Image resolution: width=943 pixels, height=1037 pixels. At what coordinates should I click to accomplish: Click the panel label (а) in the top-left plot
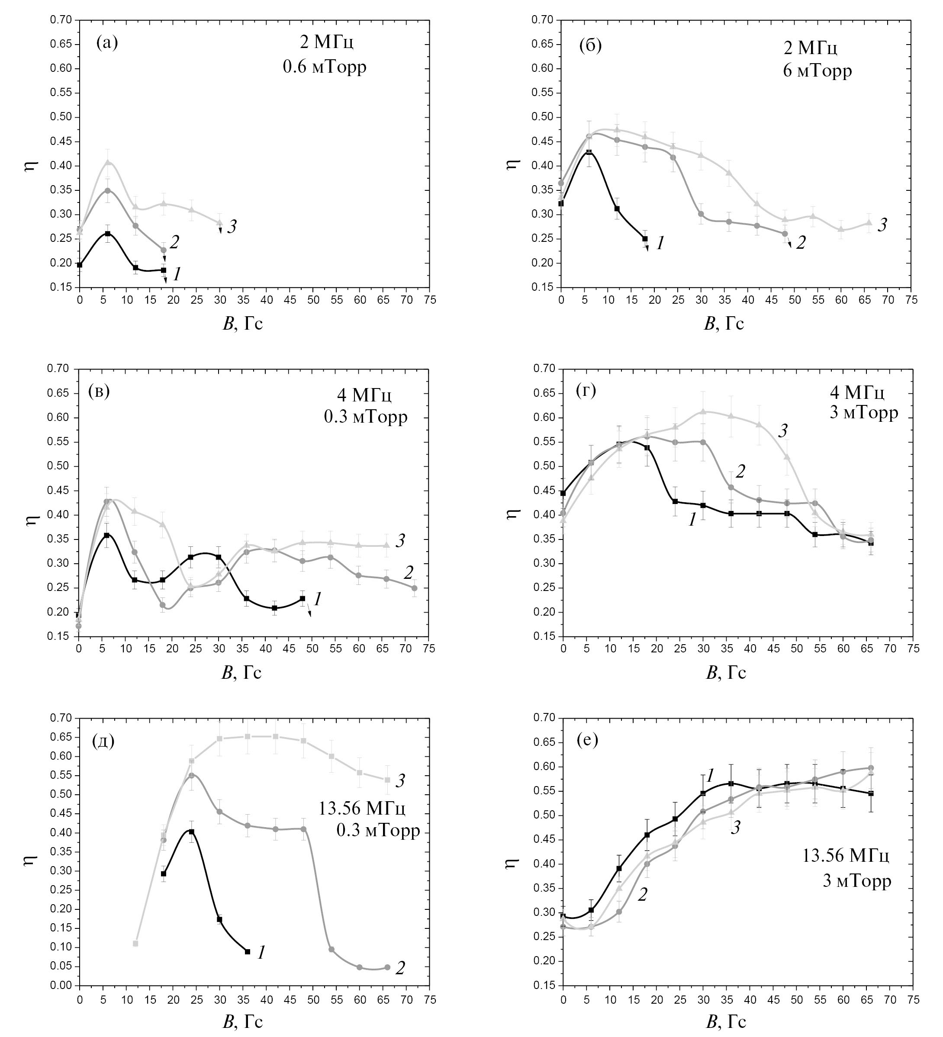(x=107, y=43)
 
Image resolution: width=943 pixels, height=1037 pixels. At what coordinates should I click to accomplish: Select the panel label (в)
(x=99, y=392)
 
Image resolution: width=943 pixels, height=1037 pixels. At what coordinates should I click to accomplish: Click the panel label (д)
(x=103, y=741)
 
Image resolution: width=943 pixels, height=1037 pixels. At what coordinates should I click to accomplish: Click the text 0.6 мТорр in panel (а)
(x=325, y=67)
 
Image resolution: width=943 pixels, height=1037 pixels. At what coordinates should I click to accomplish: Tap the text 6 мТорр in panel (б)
(x=817, y=70)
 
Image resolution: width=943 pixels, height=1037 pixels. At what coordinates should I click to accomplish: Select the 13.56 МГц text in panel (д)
(x=362, y=809)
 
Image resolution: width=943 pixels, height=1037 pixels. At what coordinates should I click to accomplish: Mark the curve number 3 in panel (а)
(x=232, y=226)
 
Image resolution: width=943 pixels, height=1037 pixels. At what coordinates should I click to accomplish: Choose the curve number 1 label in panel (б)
(x=660, y=243)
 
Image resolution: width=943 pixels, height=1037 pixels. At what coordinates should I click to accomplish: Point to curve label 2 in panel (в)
(x=409, y=572)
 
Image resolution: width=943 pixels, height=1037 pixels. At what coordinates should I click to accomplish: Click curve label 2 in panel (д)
(x=400, y=969)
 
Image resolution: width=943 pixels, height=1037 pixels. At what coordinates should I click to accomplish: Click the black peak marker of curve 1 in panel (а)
(x=107, y=234)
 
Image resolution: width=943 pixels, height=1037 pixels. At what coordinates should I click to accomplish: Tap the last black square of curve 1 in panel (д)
(x=248, y=952)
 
